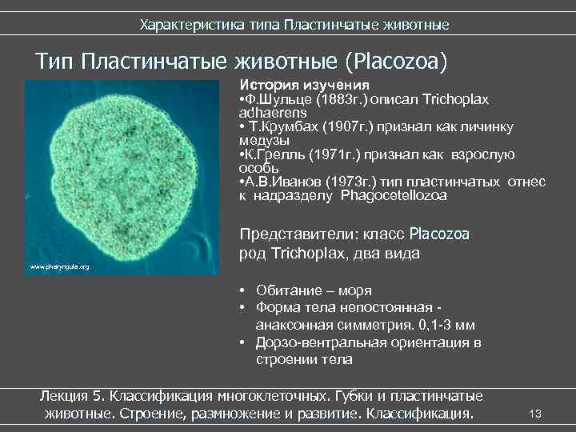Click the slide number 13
click(536, 414)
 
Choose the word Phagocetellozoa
click(393, 194)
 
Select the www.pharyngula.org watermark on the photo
click(59, 266)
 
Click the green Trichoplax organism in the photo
click(120, 171)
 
